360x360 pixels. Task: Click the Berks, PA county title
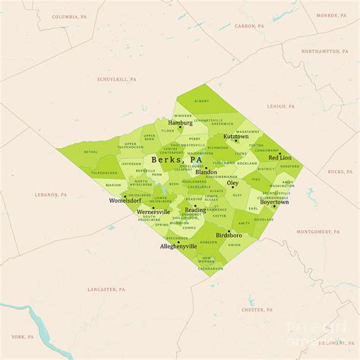point(177,160)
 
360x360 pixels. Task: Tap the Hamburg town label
point(180,122)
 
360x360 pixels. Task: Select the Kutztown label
point(235,137)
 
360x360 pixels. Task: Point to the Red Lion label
point(279,158)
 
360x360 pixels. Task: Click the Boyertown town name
point(274,202)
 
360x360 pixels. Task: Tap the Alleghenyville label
point(178,247)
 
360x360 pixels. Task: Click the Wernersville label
point(153,212)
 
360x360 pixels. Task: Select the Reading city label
point(195,210)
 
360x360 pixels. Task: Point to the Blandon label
point(206,172)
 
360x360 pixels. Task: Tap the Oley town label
point(233,183)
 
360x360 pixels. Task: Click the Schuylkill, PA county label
point(116,79)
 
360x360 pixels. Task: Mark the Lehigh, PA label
point(281,106)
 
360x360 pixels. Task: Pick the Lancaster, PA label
point(106,289)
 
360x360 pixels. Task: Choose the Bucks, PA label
point(335,172)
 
